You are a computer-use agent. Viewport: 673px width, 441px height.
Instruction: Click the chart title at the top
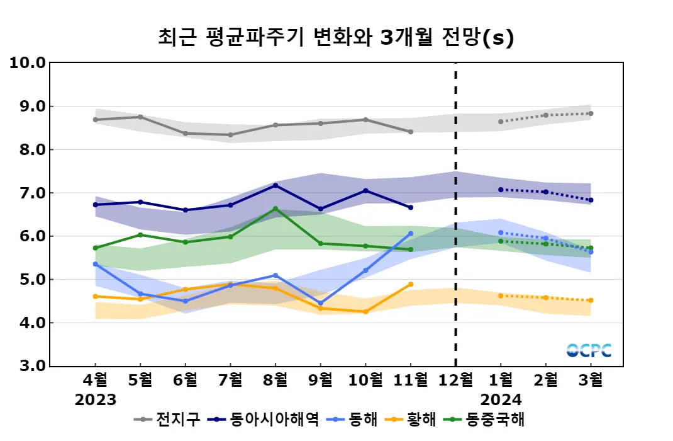(336, 37)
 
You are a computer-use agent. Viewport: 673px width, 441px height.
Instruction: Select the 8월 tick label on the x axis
(275, 381)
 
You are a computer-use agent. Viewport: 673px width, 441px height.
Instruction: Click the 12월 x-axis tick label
(455, 381)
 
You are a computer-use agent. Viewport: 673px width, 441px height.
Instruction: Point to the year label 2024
(501, 399)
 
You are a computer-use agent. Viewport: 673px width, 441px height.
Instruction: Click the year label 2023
(96, 399)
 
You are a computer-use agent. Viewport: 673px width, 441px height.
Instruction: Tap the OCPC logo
(589, 350)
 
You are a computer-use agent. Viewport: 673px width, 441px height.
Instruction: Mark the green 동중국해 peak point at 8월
(275, 209)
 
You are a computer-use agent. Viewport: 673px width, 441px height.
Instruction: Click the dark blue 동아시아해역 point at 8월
(275, 185)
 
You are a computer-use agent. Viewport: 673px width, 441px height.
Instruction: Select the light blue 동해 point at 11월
(411, 234)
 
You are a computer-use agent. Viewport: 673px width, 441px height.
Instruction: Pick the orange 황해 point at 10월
(365, 312)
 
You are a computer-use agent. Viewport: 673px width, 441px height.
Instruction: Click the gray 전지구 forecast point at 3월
(591, 114)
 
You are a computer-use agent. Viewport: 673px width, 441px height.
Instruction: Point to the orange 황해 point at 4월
(96, 296)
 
